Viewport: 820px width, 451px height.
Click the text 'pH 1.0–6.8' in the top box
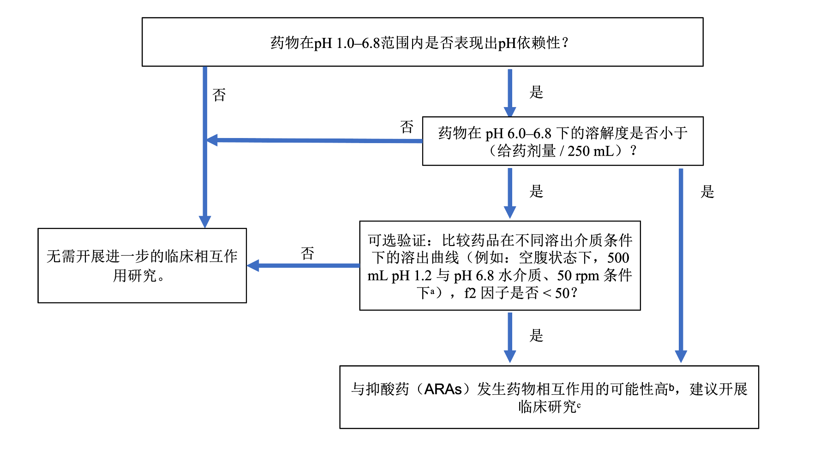coord(347,43)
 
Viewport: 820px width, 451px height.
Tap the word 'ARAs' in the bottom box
coord(443,389)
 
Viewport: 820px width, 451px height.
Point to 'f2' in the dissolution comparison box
coord(470,293)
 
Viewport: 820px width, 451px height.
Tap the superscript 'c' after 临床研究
coord(579,405)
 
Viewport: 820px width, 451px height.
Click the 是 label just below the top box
coord(536,92)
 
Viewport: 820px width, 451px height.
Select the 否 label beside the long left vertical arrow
coord(219,95)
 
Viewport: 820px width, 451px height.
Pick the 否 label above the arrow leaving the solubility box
coord(407,127)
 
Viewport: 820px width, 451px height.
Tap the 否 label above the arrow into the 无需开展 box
coord(307,253)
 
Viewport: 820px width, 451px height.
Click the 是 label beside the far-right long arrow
coord(707,192)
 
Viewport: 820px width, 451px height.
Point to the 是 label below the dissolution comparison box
coord(536,336)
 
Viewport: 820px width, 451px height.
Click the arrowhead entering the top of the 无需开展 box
coord(205,222)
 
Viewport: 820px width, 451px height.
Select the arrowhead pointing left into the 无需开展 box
coord(253,265)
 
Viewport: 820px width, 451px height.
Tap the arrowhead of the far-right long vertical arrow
coord(681,356)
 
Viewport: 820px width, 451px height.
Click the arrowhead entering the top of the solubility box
coord(510,111)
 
